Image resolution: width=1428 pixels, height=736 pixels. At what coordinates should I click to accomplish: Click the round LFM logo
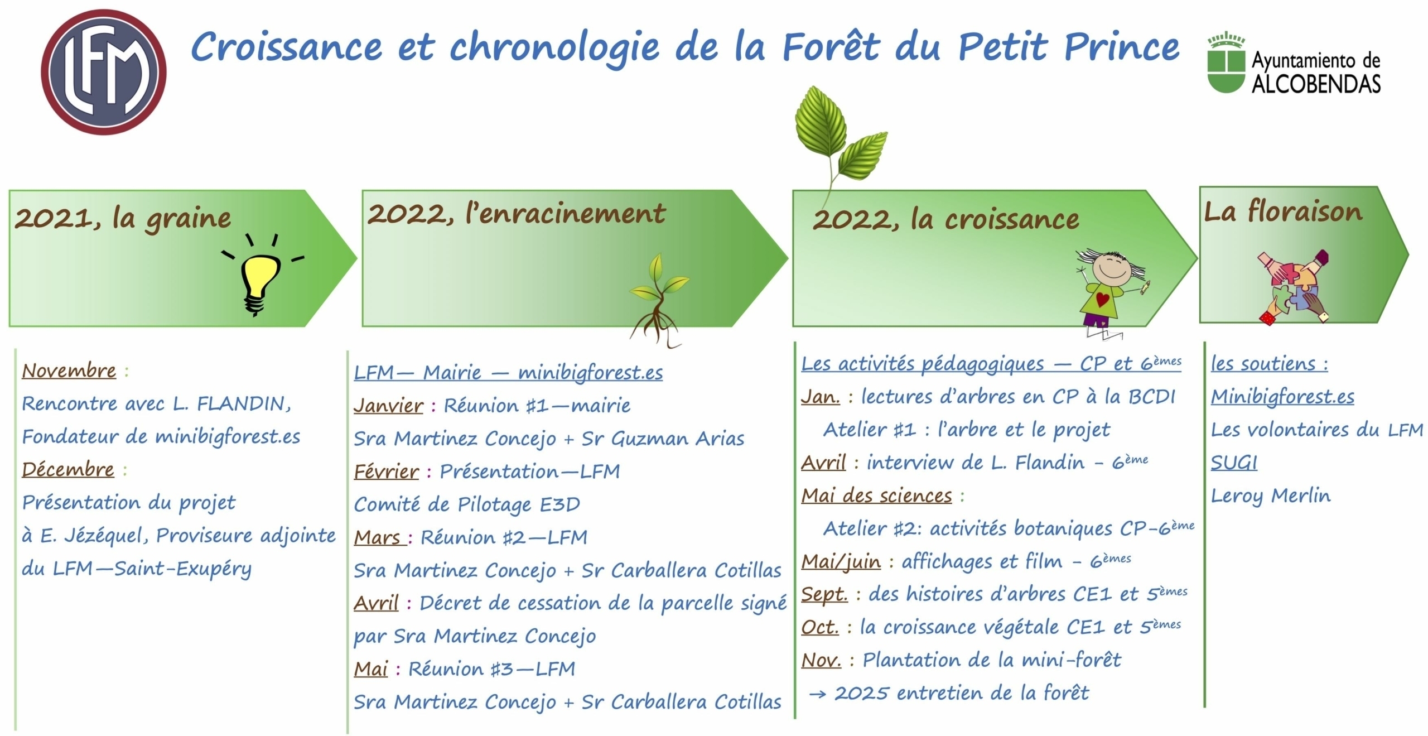[104, 72]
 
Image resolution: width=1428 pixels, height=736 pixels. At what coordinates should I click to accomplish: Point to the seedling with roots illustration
[658, 300]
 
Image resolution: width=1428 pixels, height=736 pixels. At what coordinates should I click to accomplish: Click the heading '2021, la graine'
[123, 218]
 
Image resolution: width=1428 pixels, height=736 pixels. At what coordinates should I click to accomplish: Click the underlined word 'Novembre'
[69, 371]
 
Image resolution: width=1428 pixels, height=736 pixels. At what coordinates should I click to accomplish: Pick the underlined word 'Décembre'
[68, 469]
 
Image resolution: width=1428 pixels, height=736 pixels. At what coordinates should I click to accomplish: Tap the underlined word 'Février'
[387, 472]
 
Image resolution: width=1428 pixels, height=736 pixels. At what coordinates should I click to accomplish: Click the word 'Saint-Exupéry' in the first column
[183, 569]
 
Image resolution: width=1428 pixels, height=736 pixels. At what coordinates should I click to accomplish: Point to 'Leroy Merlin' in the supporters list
[1271, 496]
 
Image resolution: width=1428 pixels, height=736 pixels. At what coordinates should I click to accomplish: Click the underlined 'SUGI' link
[1234, 463]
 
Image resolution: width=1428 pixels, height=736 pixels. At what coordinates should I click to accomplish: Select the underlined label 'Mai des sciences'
[877, 496]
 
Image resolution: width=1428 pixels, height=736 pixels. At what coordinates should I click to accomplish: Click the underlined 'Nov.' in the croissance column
[821, 660]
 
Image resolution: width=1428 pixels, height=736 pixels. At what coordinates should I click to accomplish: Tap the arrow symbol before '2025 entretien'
[818, 694]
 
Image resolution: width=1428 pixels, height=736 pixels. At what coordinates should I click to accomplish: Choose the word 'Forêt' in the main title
[831, 46]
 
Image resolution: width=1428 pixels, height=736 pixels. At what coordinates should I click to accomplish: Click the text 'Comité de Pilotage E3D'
[467, 504]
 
